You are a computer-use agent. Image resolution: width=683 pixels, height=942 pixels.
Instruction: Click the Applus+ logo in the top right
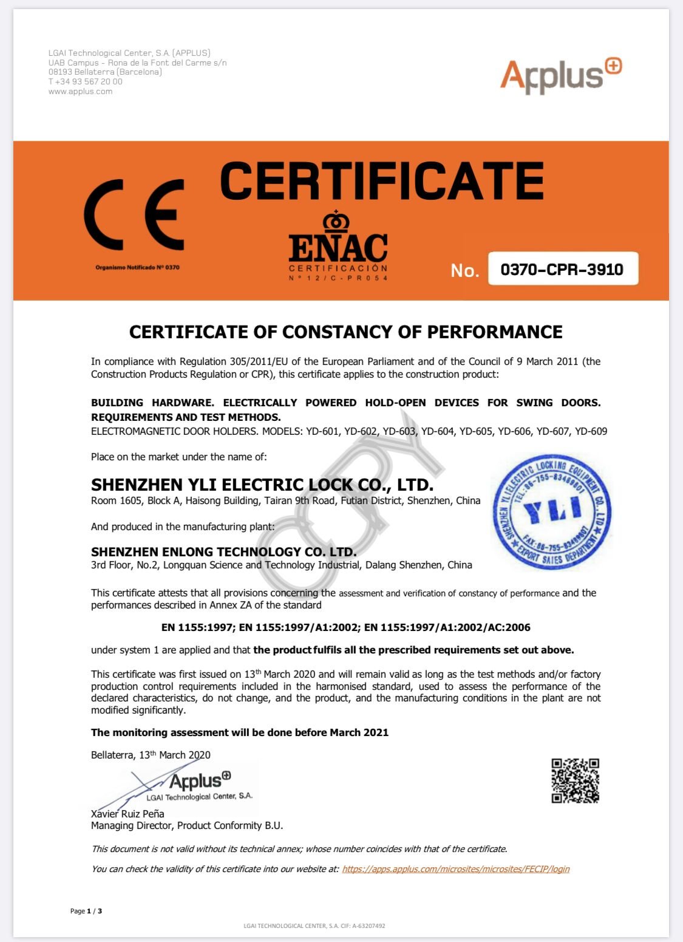pyautogui.click(x=560, y=75)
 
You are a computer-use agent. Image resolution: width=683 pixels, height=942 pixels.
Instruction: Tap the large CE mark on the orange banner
pyautogui.click(x=135, y=214)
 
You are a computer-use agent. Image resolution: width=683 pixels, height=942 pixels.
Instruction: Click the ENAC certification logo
pyautogui.click(x=338, y=246)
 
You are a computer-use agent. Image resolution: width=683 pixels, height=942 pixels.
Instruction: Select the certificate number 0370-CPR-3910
pyautogui.click(x=562, y=269)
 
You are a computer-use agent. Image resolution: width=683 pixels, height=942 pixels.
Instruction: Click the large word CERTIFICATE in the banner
pyautogui.click(x=381, y=181)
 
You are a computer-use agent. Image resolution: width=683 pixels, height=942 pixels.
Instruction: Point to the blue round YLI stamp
pyautogui.click(x=552, y=512)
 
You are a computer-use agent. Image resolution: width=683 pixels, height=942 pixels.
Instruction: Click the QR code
pyautogui.click(x=575, y=780)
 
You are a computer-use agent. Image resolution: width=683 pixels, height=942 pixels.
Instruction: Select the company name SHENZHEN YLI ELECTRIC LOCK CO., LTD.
pyautogui.click(x=262, y=485)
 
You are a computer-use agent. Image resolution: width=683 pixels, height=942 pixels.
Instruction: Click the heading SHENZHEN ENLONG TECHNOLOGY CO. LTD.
pyautogui.click(x=223, y=551)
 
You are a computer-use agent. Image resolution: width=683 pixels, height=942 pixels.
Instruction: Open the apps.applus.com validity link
pyautogui.click(x=455, y=869)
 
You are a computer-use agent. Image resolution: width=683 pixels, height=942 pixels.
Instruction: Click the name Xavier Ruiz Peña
pyautogui.click(x=127, y=813)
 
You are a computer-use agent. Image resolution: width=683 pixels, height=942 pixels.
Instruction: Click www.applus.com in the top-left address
pyautogui.click(x=80, y=92)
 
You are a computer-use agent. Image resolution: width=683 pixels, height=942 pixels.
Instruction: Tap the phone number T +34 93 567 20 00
pyautogui.click(x=86, y=81)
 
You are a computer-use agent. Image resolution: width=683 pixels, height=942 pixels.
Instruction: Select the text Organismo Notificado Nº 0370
pyautogui.click(x=137, y=267)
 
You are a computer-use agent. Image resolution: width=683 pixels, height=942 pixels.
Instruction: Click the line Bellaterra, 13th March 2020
pyautogui.click(x=151, y=755)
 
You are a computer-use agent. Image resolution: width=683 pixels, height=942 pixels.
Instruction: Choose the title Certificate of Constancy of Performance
pyautogui.click(x=345, y=332)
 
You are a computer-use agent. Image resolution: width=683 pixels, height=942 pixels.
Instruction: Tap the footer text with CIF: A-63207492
pyautogui.click(x=314, y=926)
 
